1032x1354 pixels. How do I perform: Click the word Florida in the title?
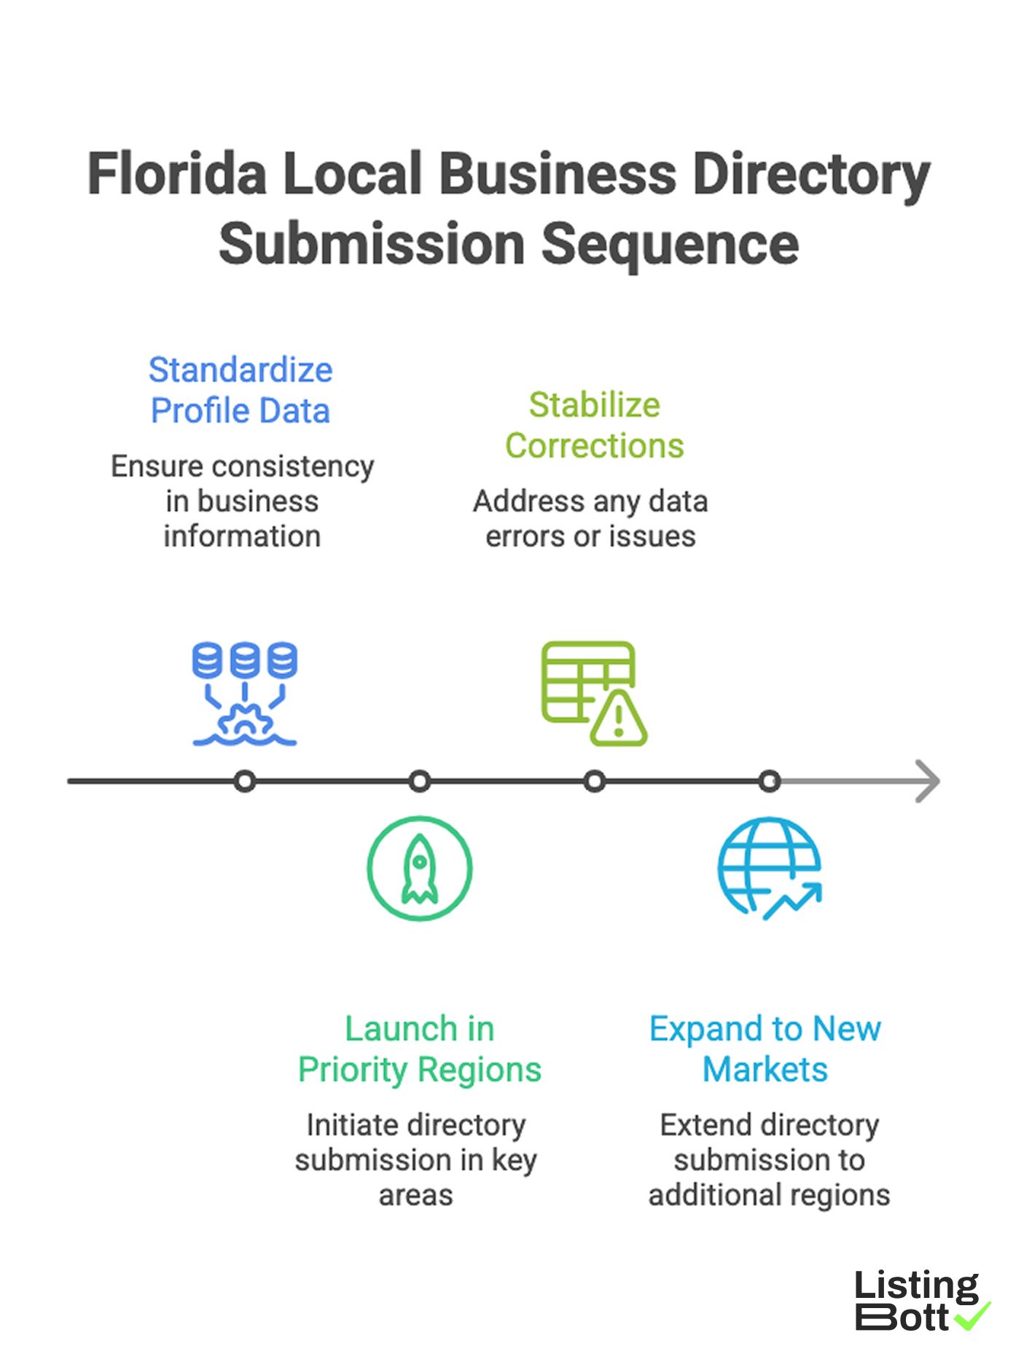177,174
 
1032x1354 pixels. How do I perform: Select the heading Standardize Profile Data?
241,391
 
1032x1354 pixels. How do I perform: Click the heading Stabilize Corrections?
594,426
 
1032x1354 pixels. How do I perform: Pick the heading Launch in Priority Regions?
419,1049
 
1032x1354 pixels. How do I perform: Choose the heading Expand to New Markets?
765,1049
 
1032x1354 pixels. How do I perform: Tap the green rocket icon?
419,868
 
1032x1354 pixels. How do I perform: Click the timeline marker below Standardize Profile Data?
245,781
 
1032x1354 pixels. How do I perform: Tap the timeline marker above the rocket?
419,781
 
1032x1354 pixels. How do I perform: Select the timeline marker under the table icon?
594,781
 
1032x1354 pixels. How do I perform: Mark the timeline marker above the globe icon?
769,781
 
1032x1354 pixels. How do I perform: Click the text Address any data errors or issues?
590,519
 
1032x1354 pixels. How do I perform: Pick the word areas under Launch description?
415,1195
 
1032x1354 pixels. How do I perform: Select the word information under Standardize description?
242,536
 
